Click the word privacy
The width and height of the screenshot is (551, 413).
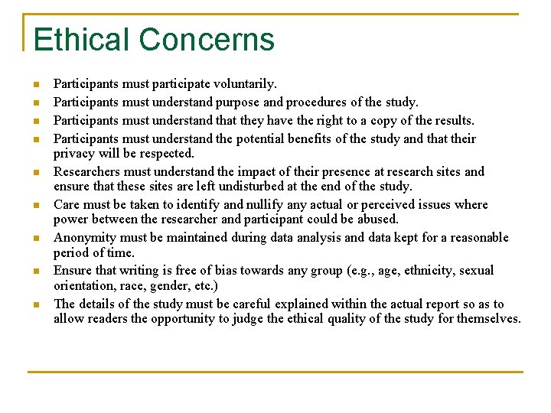coord(74,153)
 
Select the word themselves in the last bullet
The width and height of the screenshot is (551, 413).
coord(488,318)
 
